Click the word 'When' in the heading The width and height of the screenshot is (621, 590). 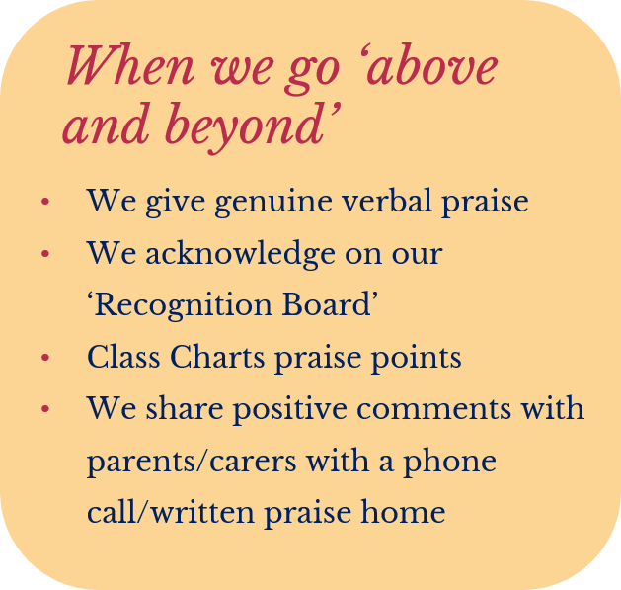pyautogui.click(x=130, y=64)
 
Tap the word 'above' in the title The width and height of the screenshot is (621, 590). pyautogui.click(x=432, y=64)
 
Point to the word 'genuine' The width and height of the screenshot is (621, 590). pyautogui.click(x=273, y=203)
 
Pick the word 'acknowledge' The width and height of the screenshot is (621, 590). pyautogui.click(x=240, y=255)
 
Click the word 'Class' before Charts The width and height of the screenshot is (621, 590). pyautogui.click(x=123, y=356)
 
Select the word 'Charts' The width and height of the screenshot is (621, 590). pyautogui.click(x=217, y=356)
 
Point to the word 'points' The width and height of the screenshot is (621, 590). pyautogui.click(x=417, y=359)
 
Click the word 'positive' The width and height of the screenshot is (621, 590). pyautogui.click(x=289, y=410)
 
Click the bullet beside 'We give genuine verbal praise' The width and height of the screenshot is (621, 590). pyautogui.click(x=45, y=201)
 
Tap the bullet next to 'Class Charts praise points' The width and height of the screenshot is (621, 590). pyautogui.click(x=45, y=357)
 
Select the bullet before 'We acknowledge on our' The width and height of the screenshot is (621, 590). pyautogui.click(x=45, y=253)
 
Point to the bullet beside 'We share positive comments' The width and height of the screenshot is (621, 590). pyautogui.click(x=45, y=408)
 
